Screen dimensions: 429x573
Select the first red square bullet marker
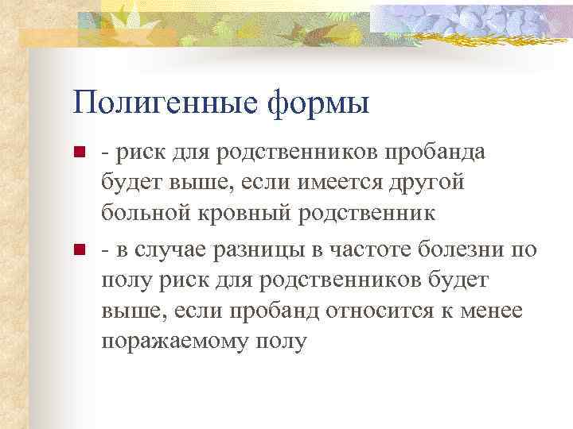coord(78,153)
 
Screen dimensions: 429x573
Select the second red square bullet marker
coord(78,252)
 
